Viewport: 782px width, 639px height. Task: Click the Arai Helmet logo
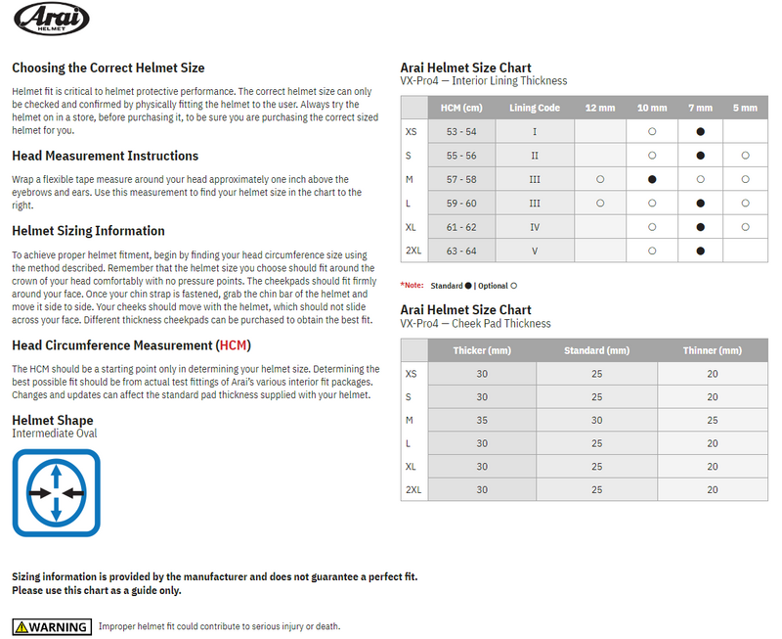point(51,20)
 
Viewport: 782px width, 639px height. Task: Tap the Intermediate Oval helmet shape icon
point(57,493)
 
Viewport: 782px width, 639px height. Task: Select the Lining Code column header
point(535,108)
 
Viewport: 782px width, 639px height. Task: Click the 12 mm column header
point(599,108)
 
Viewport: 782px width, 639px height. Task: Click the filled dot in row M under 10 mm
point(652,180)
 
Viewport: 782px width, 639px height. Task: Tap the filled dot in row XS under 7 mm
point(700,131)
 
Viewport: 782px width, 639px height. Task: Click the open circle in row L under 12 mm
point(599,204)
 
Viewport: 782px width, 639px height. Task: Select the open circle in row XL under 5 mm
point(745,227)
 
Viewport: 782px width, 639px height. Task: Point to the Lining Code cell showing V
point(535,251)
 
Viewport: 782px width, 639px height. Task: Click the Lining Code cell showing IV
point(535,227)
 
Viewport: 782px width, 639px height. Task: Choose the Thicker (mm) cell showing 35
point(482,420)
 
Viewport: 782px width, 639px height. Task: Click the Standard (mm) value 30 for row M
point(596,420)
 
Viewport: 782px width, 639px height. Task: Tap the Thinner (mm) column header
point(712,350)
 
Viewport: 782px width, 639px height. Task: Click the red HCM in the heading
point(234,345)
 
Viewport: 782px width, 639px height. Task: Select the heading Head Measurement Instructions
point(105,156)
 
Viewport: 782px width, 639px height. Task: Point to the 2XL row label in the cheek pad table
point(413,489)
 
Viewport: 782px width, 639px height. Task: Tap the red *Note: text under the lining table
point(412,285)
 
